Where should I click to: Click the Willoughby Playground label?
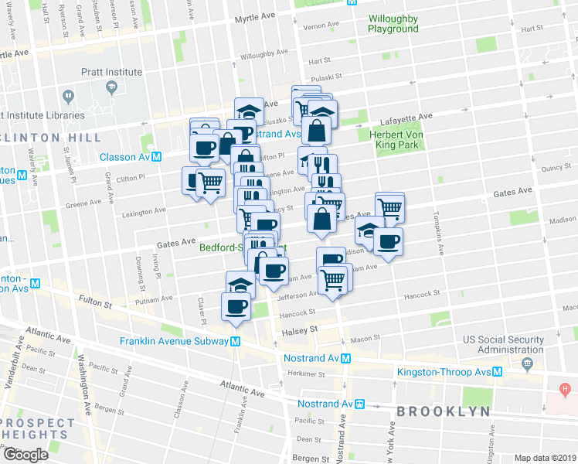pos(393,22)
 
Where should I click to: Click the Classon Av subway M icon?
pos(157,156)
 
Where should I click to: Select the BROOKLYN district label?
pos(444,411)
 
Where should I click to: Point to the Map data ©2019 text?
pos(545,457)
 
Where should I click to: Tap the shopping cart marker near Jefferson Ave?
pos(333,280)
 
